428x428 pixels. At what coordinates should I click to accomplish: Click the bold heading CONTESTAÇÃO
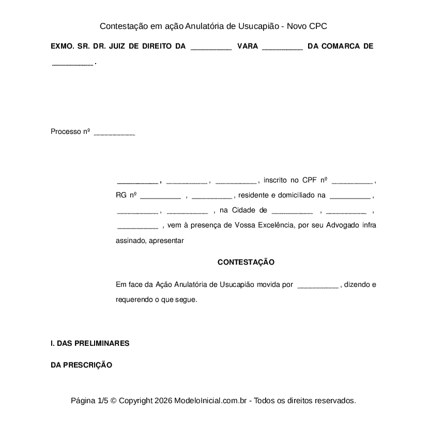click(x=246, y=262)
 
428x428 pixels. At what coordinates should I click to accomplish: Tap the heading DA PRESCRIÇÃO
click(x=81, y=365)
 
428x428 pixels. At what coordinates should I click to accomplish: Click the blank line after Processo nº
click(x=114, y=132)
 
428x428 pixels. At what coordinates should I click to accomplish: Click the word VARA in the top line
click(x=247, y=46)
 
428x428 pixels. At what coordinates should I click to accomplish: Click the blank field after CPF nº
click(x=352, y=181)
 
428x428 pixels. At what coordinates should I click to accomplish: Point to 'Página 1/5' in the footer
click(x=89, y=401)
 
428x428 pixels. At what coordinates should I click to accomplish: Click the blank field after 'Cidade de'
click(x=292, y=211)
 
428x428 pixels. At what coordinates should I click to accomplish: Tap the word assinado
click(x=131, y=240)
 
